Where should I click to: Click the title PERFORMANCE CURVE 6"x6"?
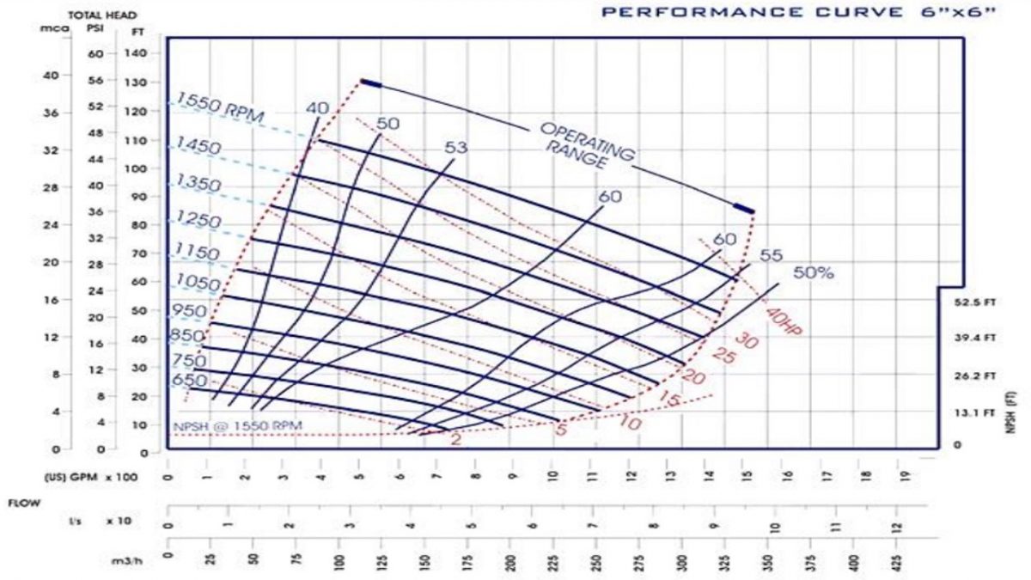798,13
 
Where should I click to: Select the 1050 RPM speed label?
198,282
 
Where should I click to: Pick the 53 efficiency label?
456,149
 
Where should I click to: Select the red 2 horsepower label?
455,439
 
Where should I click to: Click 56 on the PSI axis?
95,80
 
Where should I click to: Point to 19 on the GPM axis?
904,475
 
